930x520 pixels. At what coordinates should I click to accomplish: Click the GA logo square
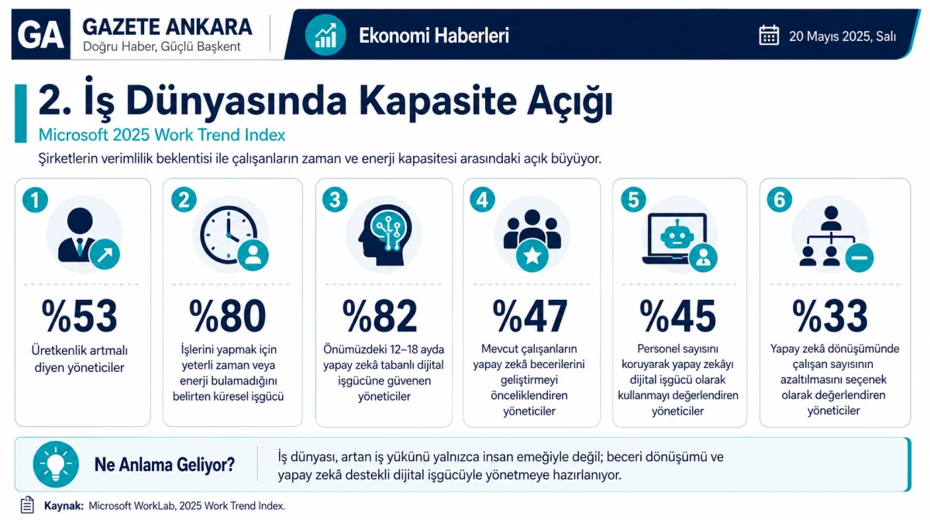click(x=40, y=34)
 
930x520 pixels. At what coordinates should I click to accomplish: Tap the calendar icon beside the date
click(x=769, y=35)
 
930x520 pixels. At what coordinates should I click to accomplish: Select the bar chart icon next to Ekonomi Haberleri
click(x=325, y=35)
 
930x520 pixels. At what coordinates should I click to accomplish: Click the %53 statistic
click(x=79, y=316)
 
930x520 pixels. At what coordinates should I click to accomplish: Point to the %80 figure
click(x=228, y=316)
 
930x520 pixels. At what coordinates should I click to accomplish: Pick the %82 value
click(x=380, y=316)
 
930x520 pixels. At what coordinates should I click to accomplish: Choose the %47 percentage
click(x=530, y=316)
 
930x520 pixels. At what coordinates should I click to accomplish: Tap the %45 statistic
click(x=678, y=316)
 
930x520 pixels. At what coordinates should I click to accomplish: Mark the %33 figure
click(x=830, y=316)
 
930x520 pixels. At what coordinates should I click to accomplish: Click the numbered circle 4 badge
click(x=482, y=200)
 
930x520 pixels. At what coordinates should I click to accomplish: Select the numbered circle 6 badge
click(x=780, y=200)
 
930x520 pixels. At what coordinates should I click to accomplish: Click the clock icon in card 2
click(x=229, y=235)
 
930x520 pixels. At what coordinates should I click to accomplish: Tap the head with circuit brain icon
click(x=385, y=235)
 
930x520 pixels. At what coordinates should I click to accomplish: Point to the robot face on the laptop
click(x=677, y=236)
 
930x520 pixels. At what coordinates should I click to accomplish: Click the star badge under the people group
click(x=532, y=256)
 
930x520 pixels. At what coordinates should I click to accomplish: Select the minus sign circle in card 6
click(x=859, y=258)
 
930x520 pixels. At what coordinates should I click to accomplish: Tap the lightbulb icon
click(x=56, y=464)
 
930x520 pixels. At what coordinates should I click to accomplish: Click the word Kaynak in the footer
click(x=64, y=506)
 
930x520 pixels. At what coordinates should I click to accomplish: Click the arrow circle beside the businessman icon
click(x=105, y=254)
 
